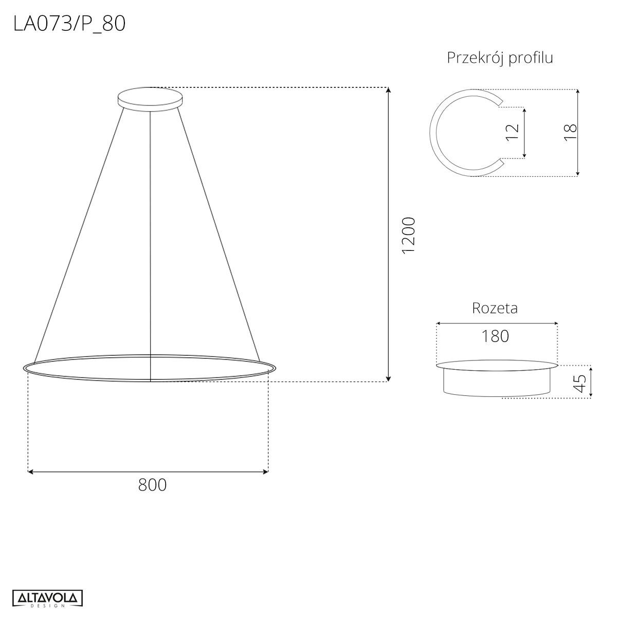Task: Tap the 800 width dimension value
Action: coord(152,484)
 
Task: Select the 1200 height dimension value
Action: coord(408,235)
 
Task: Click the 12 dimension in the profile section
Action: coord(512,132)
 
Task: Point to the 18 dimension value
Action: coord(570,133)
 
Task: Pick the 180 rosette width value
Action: coord(496,336)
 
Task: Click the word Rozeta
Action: coord(495,308)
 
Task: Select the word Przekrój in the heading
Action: coord(476,58)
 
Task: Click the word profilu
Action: coord(531,58)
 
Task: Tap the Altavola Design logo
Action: coord(47,598)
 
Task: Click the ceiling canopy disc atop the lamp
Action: coord(150,98)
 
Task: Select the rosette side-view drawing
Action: coord(497,379)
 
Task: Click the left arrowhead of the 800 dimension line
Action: coord(30,471)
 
